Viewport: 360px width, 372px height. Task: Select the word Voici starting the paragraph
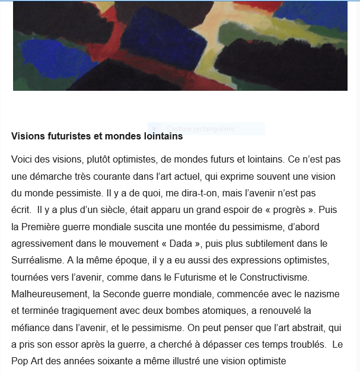click(x=23, y=160)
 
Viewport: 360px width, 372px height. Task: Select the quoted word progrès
click(x=291, y=210)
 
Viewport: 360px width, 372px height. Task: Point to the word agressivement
click(x=42, y=243)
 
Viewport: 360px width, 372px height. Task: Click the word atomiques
click(x=216, y=310)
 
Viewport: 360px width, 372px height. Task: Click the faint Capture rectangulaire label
click(x=200, y=129)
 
